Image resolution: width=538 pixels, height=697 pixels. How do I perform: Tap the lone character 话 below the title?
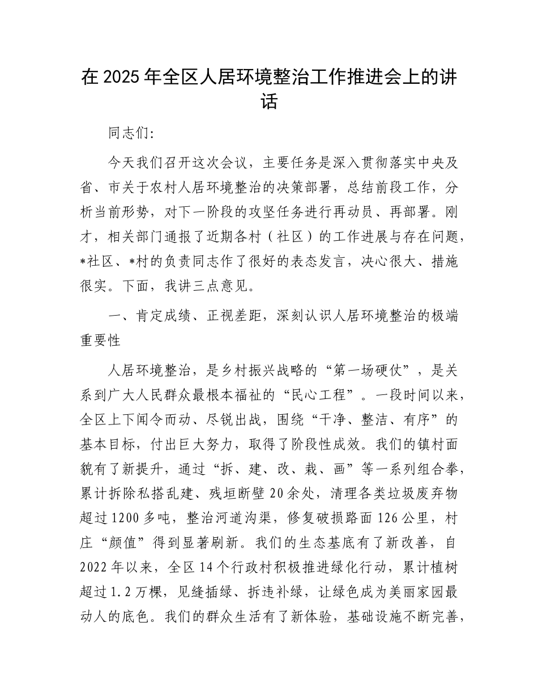pos(269,102)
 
